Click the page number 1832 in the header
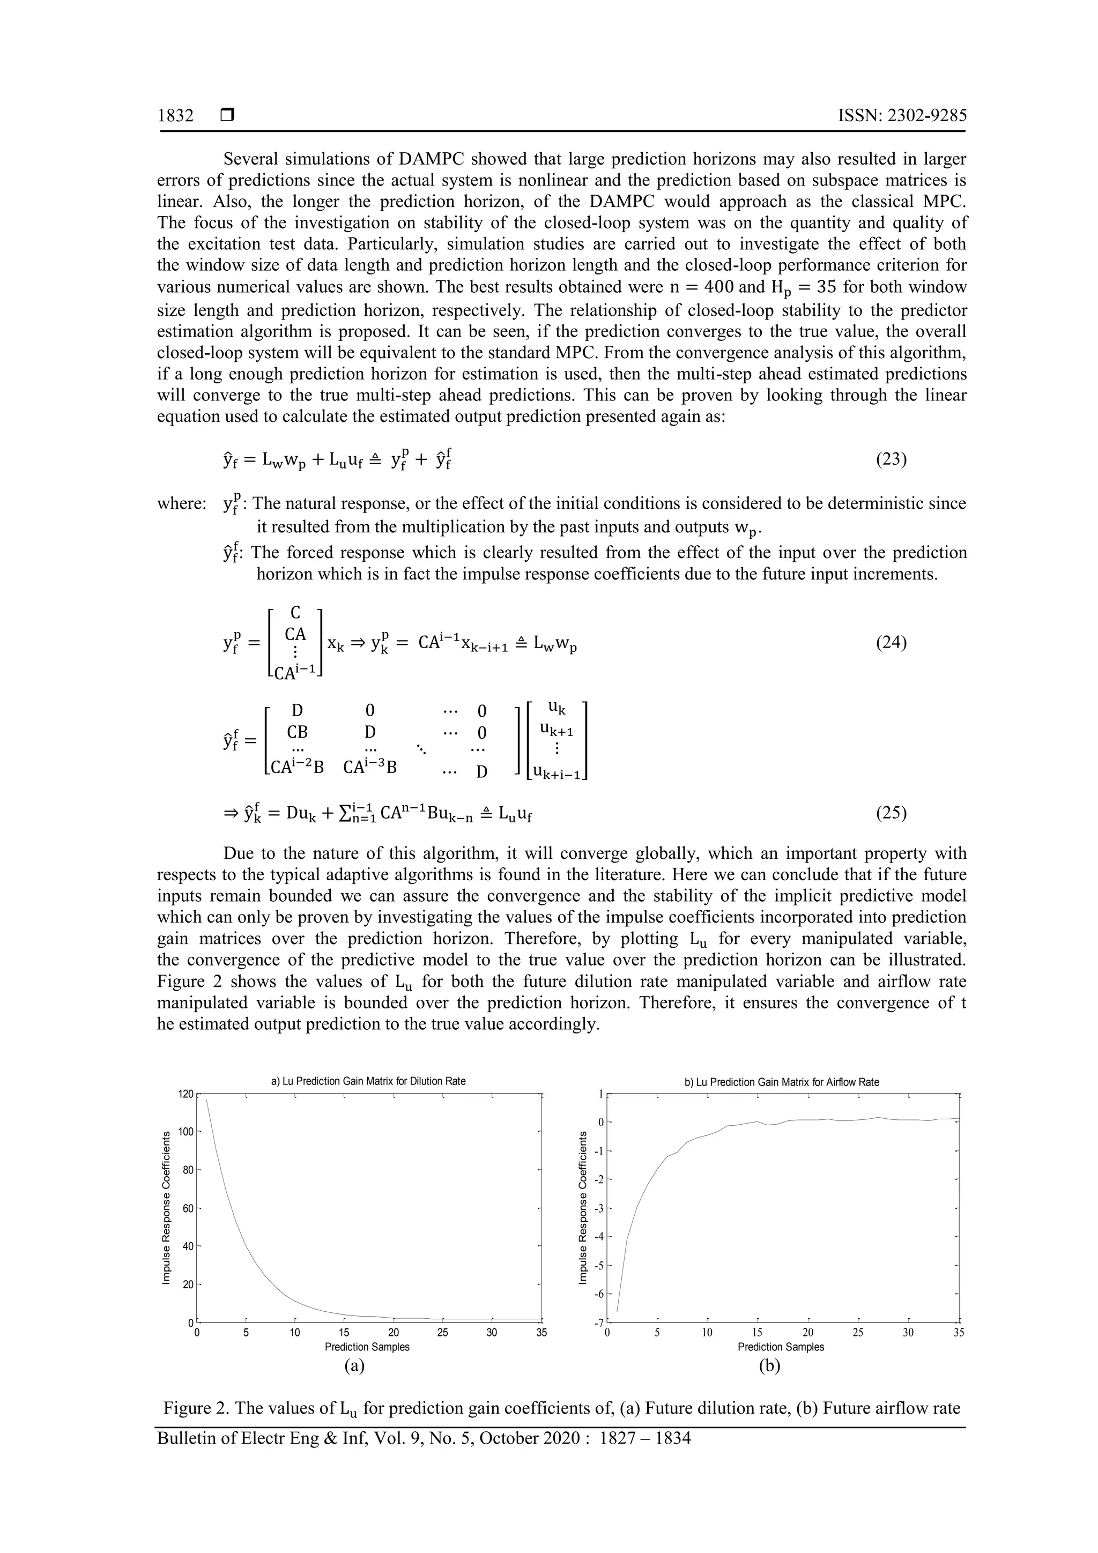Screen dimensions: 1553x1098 click(x=175, y=116)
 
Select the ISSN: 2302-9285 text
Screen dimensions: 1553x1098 click(x=902, y=116)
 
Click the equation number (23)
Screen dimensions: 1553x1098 click(x=891, y=459)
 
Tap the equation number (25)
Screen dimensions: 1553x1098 click(x=891, y=812)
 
